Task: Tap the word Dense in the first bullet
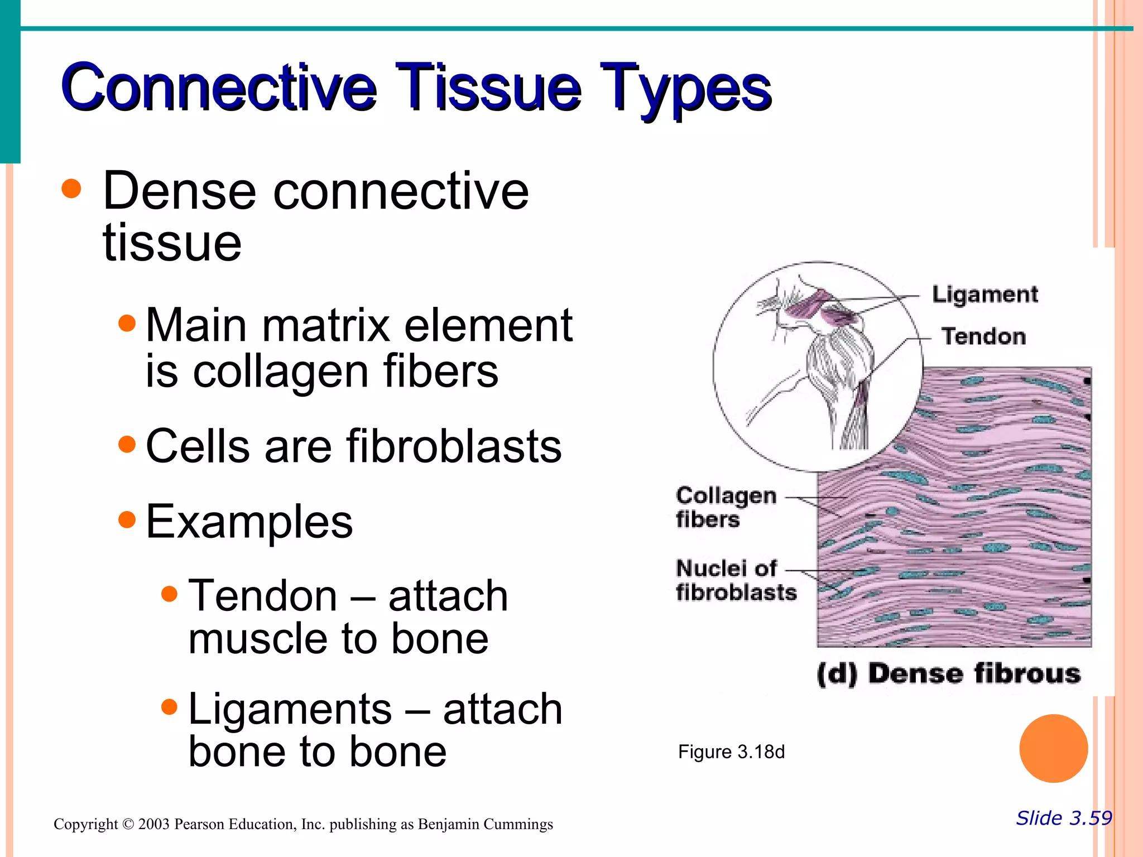(x=179, y=191)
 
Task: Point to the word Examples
(x=249, y=522)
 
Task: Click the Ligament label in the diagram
(x=984, y=294)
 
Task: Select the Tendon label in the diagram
(x=983, y=336)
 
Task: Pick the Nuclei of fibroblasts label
(x=735, y=580)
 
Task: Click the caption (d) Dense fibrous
(x=948, y=673)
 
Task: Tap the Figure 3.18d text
(x=731, y=752)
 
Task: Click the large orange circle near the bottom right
(x=1053, y=748)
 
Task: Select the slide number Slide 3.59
(x=1063, y=819)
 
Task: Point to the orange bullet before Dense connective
(x=71, y=189)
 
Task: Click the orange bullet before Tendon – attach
(x=169, y=594)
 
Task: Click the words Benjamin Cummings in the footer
(x=485, y=825)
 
